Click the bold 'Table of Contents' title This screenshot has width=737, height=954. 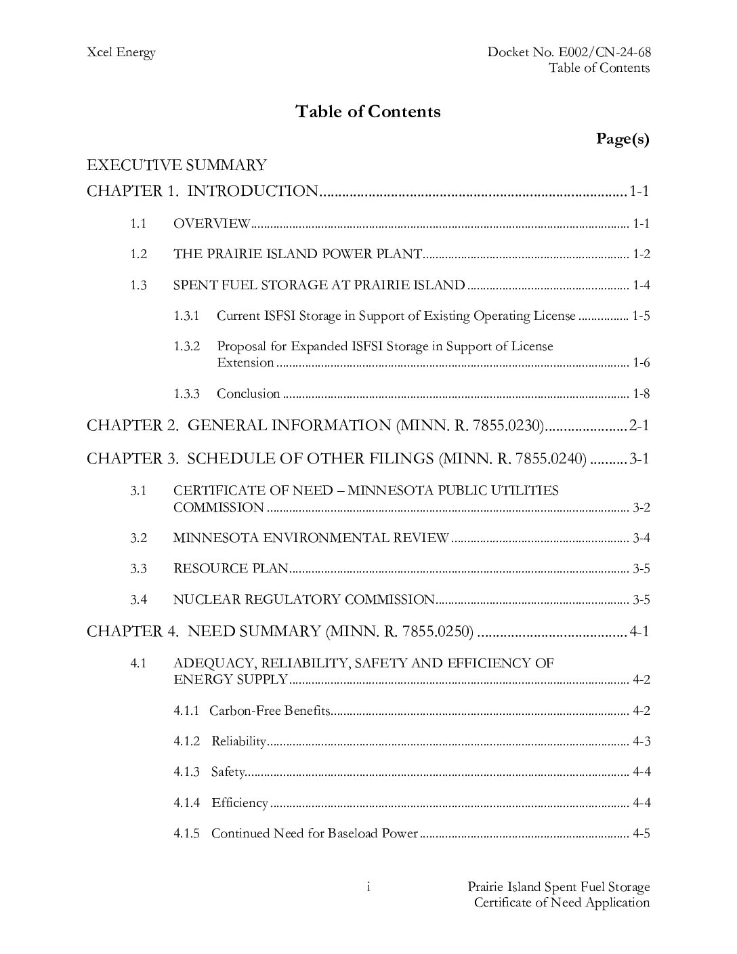(x=368, y=112)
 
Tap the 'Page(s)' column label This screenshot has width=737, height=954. (x=623, y=139)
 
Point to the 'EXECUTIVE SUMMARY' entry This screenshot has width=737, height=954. (x=177, y=165)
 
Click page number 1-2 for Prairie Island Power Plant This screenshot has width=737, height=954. (x=641, y=255)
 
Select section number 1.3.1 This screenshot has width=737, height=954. (x=186, y=316)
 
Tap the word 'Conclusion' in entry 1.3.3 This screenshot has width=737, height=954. (x=248, y=394)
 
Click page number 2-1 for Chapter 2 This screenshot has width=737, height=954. (x=639, y=426)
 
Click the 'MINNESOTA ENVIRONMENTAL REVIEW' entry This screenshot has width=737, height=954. (x=311, y=538)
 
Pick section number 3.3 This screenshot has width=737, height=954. (x=139, y=568)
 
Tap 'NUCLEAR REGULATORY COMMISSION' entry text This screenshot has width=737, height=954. (x=303, y=600)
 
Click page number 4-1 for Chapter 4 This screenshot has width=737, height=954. (x=639, y=631)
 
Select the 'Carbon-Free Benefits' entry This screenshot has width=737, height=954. (x=270, y=711)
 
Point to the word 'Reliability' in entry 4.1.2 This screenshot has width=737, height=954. (x=238, y=741)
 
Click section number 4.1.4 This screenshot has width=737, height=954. (x=186, y=803)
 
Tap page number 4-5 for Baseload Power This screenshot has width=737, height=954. (x=641, y=833)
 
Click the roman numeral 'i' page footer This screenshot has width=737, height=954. (x=368, y=887)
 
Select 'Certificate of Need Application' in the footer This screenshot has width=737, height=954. (x=562, y=903)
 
